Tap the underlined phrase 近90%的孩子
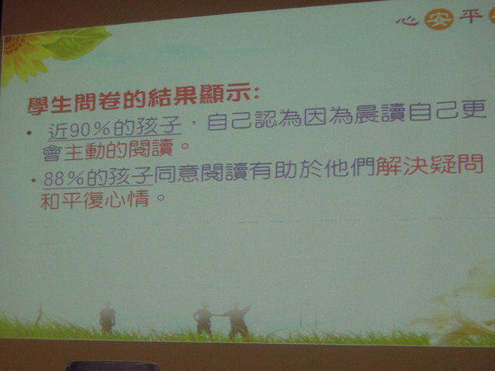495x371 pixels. tap(115, 129)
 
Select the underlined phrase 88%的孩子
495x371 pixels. tap(98, 178)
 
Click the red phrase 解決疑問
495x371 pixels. tap(430, 165)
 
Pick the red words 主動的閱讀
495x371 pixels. tap(118, 150)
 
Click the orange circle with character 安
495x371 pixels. tap(439, 19)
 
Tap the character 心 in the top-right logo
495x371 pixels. tap(408, 21)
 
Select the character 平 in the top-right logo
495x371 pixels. tap(470, 15)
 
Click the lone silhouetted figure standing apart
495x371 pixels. tap(108, 318)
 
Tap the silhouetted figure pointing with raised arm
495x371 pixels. tap(237, 319)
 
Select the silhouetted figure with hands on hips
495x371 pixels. tap(203, 318)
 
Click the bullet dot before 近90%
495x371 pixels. tap(29, 133)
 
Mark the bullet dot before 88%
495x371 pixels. tap(33, 180)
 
